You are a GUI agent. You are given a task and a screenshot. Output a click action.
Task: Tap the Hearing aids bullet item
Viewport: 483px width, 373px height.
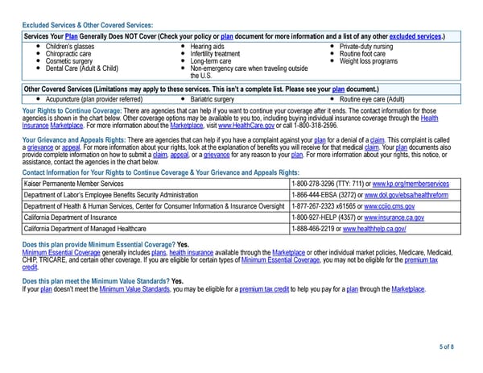coord(208,47)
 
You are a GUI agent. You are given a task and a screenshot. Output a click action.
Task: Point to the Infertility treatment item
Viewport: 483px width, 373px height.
coord(216,54)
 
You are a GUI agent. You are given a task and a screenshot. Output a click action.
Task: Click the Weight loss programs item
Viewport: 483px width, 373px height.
coord(369,61)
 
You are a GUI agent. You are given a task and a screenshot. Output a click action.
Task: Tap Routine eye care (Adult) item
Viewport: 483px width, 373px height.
coord(372,97)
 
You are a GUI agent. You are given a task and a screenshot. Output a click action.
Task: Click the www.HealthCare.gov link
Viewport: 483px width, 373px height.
coord(246,125)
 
